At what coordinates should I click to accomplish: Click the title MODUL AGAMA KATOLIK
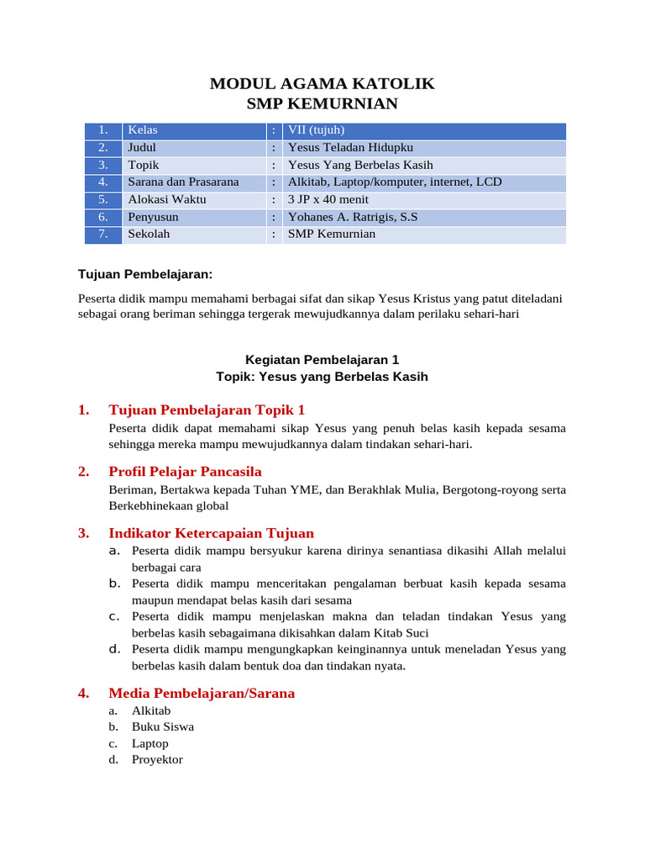coord(322,83)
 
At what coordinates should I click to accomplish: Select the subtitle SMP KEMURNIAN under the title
coord(322,103)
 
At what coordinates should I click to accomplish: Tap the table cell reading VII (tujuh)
coord(317,130)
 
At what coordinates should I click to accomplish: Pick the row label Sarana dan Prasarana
coord(183,182)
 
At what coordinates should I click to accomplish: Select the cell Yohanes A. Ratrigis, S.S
coord(353,217)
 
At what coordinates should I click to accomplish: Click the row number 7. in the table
coord(103,234)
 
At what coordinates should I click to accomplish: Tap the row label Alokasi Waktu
coord(167,199)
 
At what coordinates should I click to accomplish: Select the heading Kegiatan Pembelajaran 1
coord(322,359)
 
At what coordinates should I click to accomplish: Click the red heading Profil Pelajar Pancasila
coord(185,471)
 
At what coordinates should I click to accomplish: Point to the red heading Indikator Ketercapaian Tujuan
coord(211,532)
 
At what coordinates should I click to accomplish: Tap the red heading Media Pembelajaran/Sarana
coord(202,693)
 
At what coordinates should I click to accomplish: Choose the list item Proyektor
coord(157,759)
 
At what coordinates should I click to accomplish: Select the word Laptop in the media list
coord(150,743)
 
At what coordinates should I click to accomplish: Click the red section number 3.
coord(83,532)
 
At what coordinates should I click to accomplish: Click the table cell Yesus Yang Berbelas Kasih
coord(360,165)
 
